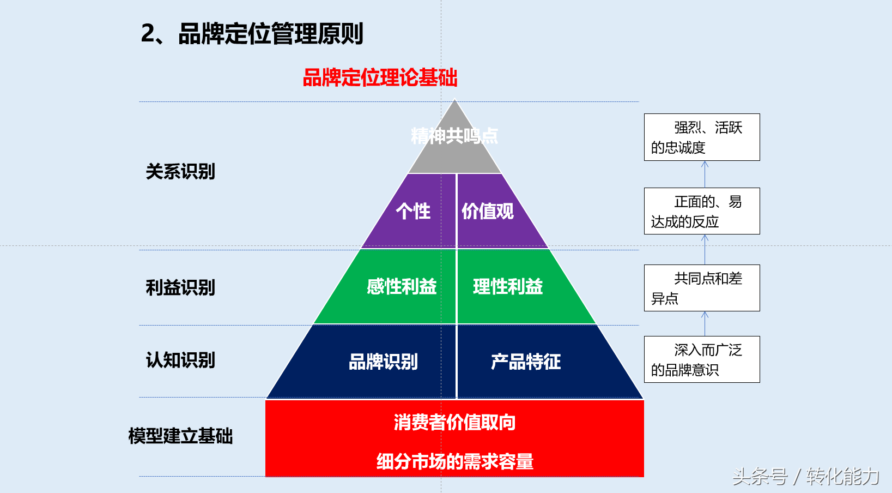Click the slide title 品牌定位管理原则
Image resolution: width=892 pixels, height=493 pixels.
click(252, 34)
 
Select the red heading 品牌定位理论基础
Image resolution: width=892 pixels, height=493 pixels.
click(380, 78)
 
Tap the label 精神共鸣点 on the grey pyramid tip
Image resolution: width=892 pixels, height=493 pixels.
click(454, 136)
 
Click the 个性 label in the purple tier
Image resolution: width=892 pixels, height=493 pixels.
click(413, 211)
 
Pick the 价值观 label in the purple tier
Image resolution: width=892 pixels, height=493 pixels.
click(488, 211)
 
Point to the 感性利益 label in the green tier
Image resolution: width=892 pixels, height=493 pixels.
click(402, 286)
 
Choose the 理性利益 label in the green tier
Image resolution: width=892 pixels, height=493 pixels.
click(508, 286)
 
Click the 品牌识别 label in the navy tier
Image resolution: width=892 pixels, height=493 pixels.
click(383, 362)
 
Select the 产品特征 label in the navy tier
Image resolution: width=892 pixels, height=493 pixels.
click(526, 362)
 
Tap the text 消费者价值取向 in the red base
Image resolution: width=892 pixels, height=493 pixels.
click(454, 422)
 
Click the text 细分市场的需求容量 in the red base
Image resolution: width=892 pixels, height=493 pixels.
click(454, 461)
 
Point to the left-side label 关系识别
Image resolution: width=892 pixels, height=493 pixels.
click(180, 172)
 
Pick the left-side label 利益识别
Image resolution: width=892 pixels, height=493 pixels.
click(180, 287)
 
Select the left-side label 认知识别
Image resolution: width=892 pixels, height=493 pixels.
click(180, 360)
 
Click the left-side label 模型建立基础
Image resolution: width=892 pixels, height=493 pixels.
click(180, 436)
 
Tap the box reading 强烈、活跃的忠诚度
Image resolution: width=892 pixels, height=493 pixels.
click(702, 137)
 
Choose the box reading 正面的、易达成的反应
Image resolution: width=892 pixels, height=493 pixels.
click(702, 211)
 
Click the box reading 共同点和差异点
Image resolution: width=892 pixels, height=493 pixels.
click(702, 288)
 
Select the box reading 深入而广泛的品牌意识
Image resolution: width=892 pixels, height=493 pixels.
click(702, 359)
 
